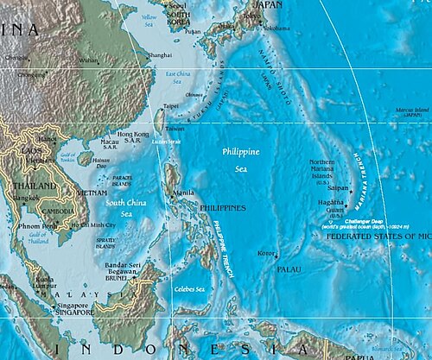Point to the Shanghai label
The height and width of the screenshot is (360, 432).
159,54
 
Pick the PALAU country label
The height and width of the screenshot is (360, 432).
289,269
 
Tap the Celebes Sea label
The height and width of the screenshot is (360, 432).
189,288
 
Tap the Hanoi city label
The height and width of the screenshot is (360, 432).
46,140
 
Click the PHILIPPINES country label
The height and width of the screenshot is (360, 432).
223,208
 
